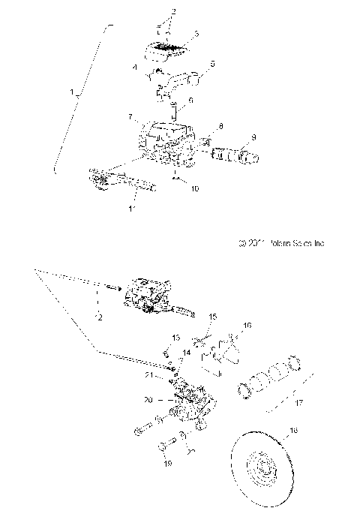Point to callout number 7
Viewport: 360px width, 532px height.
(130, 117)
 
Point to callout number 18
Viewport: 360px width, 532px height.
(314, 431)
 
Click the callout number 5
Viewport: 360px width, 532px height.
(212, 65)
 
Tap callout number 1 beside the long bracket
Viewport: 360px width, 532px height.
(73, 94)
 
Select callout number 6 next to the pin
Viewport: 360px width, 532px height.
(190, 101)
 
